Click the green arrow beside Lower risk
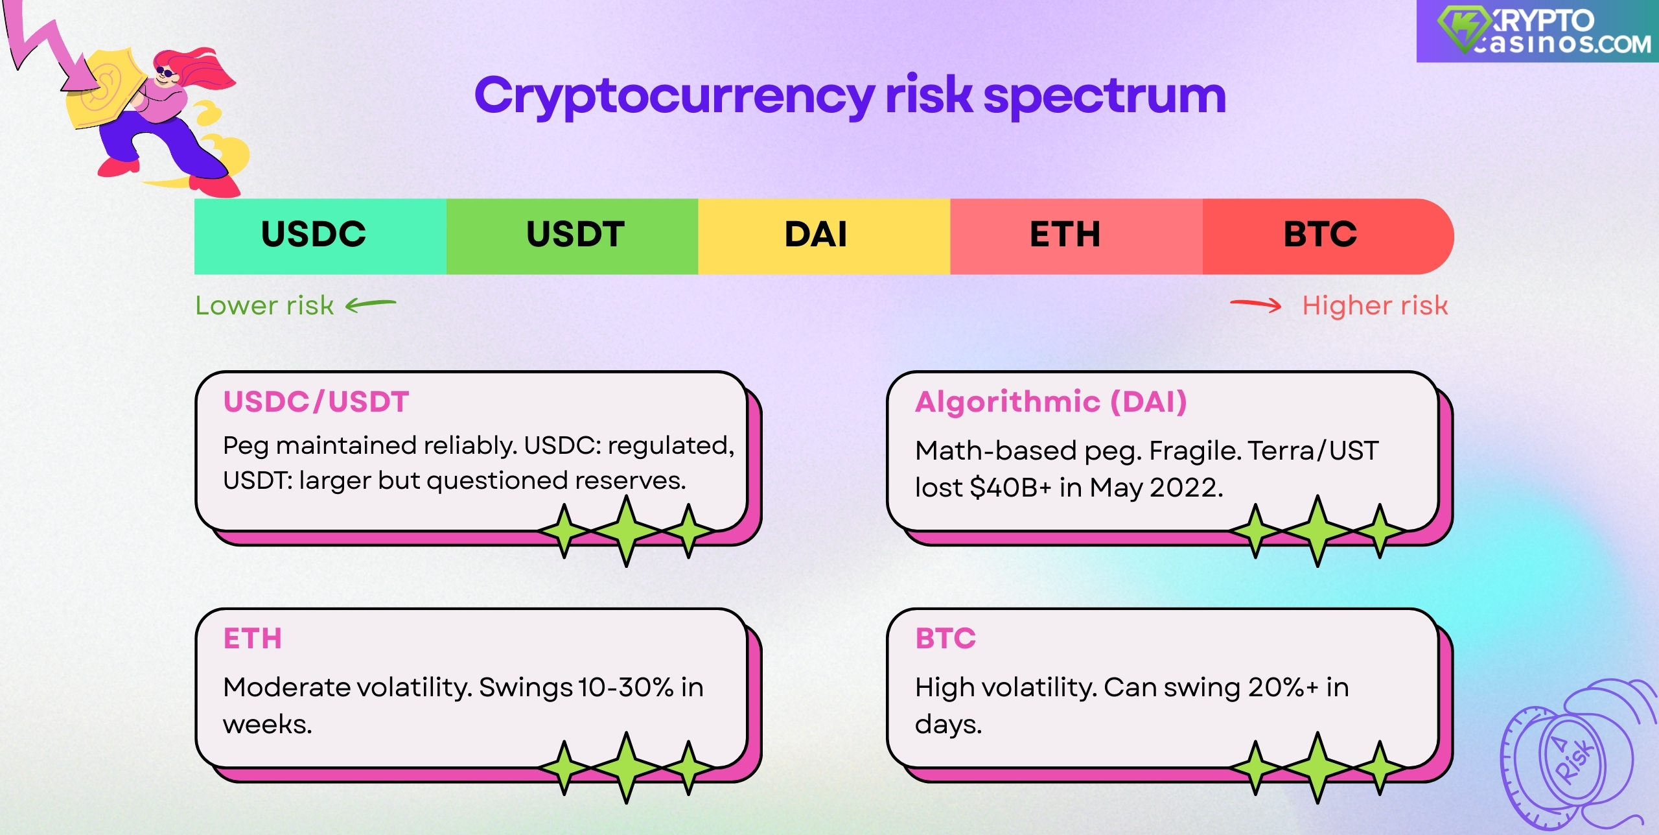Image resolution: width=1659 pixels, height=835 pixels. (370, 305)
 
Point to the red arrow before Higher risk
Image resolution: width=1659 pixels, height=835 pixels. (1256, 305)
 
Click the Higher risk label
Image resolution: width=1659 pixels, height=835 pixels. (1375, 305)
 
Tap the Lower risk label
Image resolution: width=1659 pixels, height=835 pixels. (264, 305)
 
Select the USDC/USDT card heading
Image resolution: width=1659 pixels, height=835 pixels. (316, 402)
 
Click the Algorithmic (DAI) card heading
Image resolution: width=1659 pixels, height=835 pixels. (1050, 402)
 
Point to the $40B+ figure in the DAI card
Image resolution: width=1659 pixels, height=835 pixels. (1010, 488)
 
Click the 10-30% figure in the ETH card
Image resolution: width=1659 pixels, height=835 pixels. (625, 687)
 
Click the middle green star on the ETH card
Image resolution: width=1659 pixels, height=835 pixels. (626, 768)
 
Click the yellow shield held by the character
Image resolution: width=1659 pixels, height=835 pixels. (104, 91)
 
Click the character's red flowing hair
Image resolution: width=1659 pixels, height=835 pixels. (207, 68)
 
